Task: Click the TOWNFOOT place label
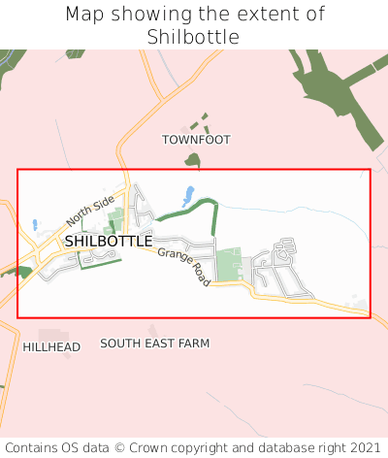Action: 196,140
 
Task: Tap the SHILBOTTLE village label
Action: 109,241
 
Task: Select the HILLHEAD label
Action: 51,346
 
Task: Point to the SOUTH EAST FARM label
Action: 155,343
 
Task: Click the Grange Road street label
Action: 183,266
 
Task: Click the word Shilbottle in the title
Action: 193,37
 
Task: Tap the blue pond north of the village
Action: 188,195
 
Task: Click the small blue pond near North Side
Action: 35,225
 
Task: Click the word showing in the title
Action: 145,15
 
